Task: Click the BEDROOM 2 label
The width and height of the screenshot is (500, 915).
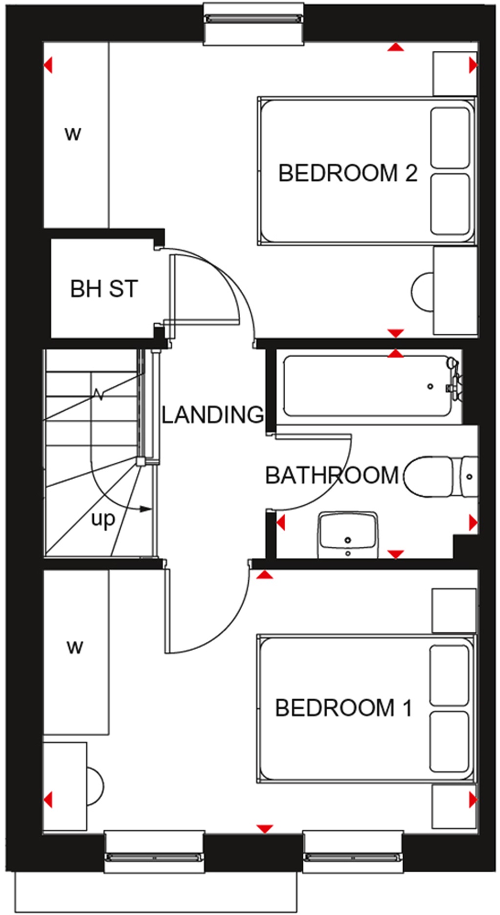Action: [347, 173]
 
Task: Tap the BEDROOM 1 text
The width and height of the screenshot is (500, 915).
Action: [343, 708]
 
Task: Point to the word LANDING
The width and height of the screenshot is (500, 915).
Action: [212, 415]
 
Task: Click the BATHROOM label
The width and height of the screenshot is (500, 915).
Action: [332, 475]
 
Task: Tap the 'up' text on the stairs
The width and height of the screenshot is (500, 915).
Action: [103, 519]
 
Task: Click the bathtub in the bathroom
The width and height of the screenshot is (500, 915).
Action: [366, 386]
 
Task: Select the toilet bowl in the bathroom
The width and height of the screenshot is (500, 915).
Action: [427, 477]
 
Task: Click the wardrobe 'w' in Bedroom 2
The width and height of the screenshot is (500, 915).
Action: [73, 133]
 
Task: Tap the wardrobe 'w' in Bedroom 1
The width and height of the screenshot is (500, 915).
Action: [75, 648]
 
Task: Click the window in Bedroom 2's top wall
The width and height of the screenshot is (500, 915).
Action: [253, 20]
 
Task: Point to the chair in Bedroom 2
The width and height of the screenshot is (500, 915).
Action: [422, 291]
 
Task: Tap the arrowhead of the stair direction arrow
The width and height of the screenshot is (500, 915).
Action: [146, 509]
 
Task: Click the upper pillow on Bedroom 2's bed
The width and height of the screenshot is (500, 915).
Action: [450, 138]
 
